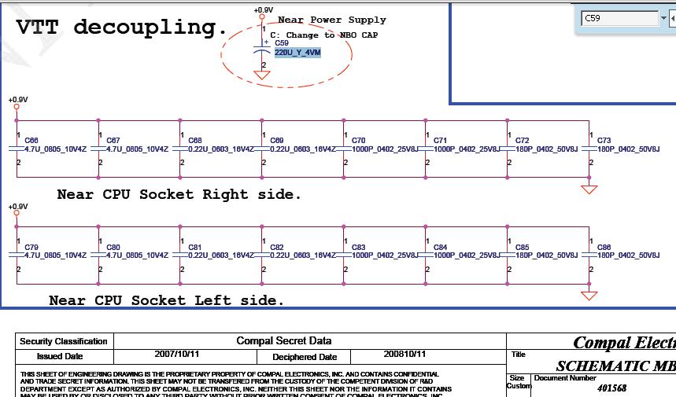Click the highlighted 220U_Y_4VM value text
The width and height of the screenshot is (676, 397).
297,52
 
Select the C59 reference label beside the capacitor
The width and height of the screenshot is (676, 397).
282,43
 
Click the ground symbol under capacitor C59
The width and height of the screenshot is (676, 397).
262,75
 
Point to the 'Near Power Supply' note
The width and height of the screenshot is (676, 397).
332,20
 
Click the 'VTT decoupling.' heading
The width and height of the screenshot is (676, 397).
121,28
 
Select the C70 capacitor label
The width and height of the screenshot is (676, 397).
358,141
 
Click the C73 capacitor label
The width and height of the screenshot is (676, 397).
604,141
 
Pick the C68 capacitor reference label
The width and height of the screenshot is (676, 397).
194,141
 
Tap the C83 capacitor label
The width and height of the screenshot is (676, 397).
358,248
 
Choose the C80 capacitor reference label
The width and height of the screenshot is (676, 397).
113,248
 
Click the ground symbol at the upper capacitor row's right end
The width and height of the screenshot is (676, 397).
589,189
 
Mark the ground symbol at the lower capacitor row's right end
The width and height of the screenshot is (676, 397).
589,296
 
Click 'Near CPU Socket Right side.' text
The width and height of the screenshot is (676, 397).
179,194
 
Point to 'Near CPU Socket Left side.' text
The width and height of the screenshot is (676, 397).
167,300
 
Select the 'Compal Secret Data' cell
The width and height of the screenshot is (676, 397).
284,341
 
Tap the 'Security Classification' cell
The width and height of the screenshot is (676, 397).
63,341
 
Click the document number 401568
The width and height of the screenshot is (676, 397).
612,388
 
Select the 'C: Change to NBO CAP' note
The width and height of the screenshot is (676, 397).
323,35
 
